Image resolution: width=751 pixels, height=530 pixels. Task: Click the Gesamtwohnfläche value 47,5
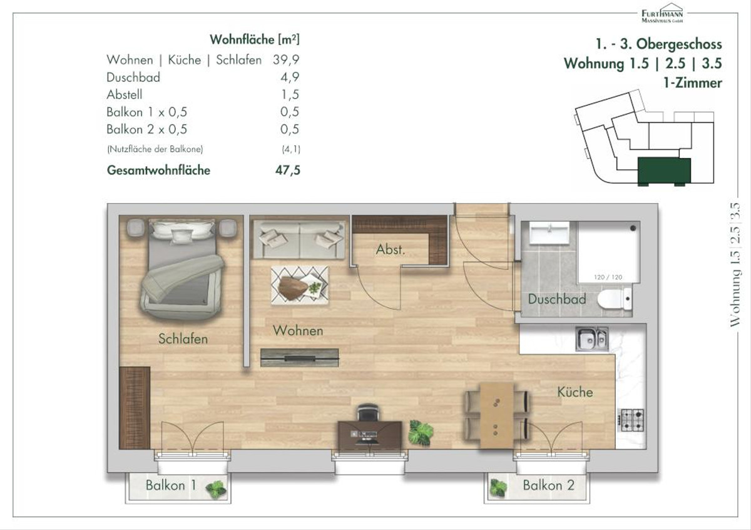click(288, 171)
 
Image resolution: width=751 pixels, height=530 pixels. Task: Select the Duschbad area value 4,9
click(290, 77)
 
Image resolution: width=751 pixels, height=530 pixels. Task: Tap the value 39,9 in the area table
click(286, 60)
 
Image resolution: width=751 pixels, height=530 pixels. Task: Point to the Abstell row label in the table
click(125, 95)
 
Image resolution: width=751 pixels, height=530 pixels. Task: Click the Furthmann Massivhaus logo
click(662, 13)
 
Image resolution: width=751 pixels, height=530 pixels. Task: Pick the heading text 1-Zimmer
click(693, 83)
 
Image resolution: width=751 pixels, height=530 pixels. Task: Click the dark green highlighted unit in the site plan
click(664, 171)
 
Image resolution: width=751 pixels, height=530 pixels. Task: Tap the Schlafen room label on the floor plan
click(183, 339)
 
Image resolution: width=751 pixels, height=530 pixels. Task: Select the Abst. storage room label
click(391, 249)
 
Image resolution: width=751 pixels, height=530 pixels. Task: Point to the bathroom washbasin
click(549, 233)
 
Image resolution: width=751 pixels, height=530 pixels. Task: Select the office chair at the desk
click(368, 412)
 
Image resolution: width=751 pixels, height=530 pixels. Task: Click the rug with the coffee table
click(300, 285)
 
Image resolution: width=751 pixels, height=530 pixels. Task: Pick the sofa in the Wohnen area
click(299, 239)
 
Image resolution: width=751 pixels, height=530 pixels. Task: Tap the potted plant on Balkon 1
click(216, 490)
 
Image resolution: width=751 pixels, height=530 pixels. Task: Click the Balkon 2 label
click(549, 485)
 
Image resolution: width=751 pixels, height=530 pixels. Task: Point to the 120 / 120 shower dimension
click(608, 277)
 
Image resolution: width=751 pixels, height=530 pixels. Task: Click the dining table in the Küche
click(497, 416)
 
